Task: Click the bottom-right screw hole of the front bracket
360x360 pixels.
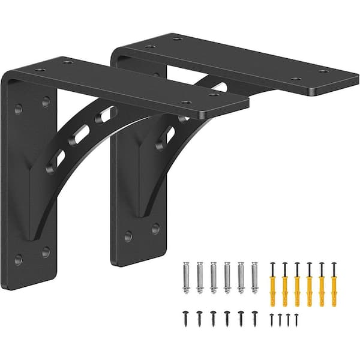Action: click(x=46, y=252)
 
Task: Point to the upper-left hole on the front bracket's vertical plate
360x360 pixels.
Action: click(x=19, y=109)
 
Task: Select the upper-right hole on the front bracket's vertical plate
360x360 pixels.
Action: click(x=46, y=102)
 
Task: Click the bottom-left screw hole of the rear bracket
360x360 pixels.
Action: click(x=128, y=236)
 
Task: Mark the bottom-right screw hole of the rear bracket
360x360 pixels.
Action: click(x=155, y=229)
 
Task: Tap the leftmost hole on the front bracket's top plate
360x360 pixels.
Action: click(x=40, y=70)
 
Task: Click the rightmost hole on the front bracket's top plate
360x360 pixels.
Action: click(x=214, y=94)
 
